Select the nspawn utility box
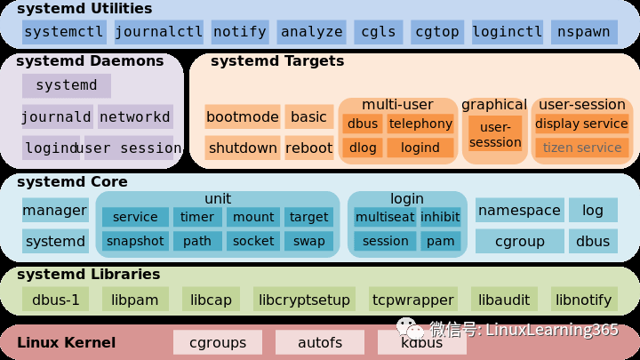[584, 32]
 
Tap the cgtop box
[436, 32]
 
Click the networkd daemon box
[134, 117]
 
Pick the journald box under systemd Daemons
[57, 117]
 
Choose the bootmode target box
[242, 117]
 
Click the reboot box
[308, 148]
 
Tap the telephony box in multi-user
[420, 124]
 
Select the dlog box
[362, 148]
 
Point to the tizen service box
[582, 148]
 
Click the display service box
[582, 124]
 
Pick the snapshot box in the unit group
[135, 241]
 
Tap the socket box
[253, 241]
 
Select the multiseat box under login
[385, 217]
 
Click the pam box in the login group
[439, 241]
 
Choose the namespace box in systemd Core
[519, 211]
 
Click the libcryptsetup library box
[304, 300]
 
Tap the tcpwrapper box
[413, 300]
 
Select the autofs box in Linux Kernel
[319, 341]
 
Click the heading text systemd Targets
[276, 62]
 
